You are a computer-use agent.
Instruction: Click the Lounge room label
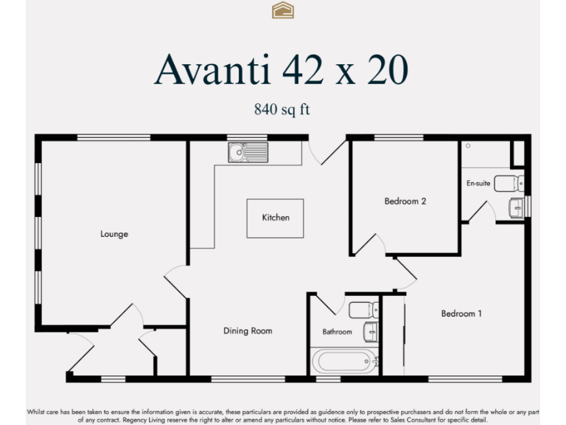tap(114, 234)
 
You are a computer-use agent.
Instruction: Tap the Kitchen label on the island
tap(276, 218)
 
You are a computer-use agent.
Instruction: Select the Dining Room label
tap(248, 331)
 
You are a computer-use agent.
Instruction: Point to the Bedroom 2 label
tap(405, 201)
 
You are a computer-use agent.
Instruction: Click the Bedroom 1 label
tap(461, 314)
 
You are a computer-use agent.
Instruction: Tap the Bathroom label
tap(337, 332)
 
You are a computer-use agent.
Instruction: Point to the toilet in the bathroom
tap(364, 308)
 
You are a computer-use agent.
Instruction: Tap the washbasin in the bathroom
tap(371, 332)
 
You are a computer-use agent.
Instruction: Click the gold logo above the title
tap(283, 10)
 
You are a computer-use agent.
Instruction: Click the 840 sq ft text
tap(282, 109)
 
